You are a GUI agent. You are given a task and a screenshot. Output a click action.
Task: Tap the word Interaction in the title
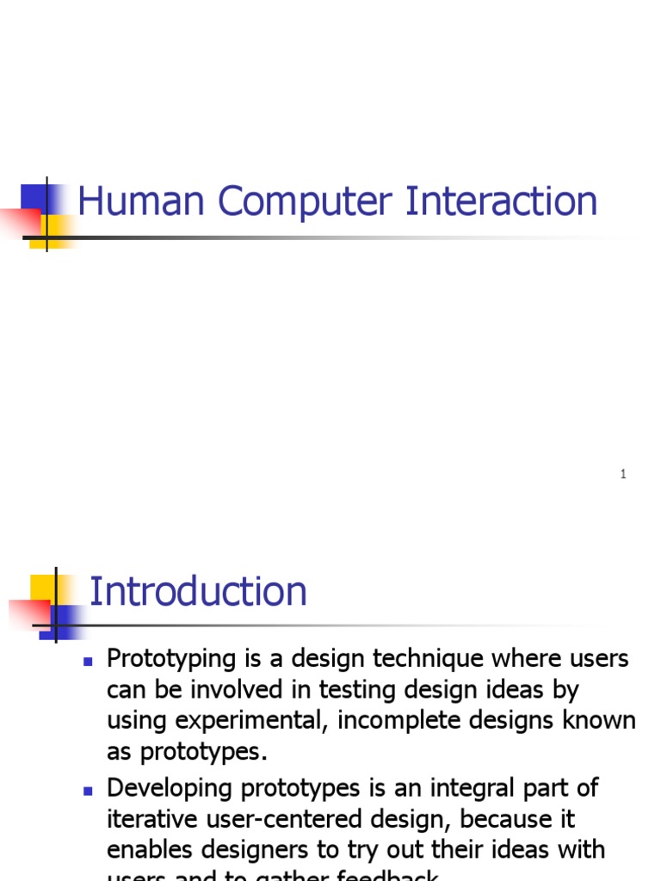[502, 201]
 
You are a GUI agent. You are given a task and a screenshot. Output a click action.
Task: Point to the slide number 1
[623, 475]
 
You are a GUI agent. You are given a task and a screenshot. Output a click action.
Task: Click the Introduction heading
[198, 592]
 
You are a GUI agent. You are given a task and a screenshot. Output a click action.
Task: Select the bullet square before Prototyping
[87, 661]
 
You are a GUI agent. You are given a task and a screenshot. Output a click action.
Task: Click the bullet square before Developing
[87, 789]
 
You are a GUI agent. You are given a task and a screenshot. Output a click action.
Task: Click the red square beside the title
[19, 222]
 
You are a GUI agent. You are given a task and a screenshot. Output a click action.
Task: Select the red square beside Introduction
[28, 613]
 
